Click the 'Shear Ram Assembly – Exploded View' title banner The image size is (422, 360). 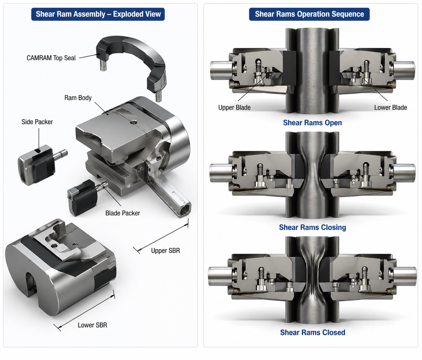(x=98, y=14)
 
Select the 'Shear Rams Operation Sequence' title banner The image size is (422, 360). (x=309, y=14)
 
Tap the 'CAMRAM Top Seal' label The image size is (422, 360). (x=51, y=58)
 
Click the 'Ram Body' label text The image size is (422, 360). (x=78, y=98)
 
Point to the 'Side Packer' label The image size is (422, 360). (x=37, y=122)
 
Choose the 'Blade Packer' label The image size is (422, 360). (x=123, y=213)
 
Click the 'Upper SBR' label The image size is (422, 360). (x=166, y=251)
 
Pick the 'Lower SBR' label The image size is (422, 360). (x=92, y=325)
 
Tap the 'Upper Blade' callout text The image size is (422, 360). (x=234, y=108)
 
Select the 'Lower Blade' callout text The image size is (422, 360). (x=390, y=108)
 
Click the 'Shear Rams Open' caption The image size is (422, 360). (x=312, y=123)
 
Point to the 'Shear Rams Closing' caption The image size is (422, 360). (x=312, y=228)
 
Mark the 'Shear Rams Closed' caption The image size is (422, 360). (x=312, y=333)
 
